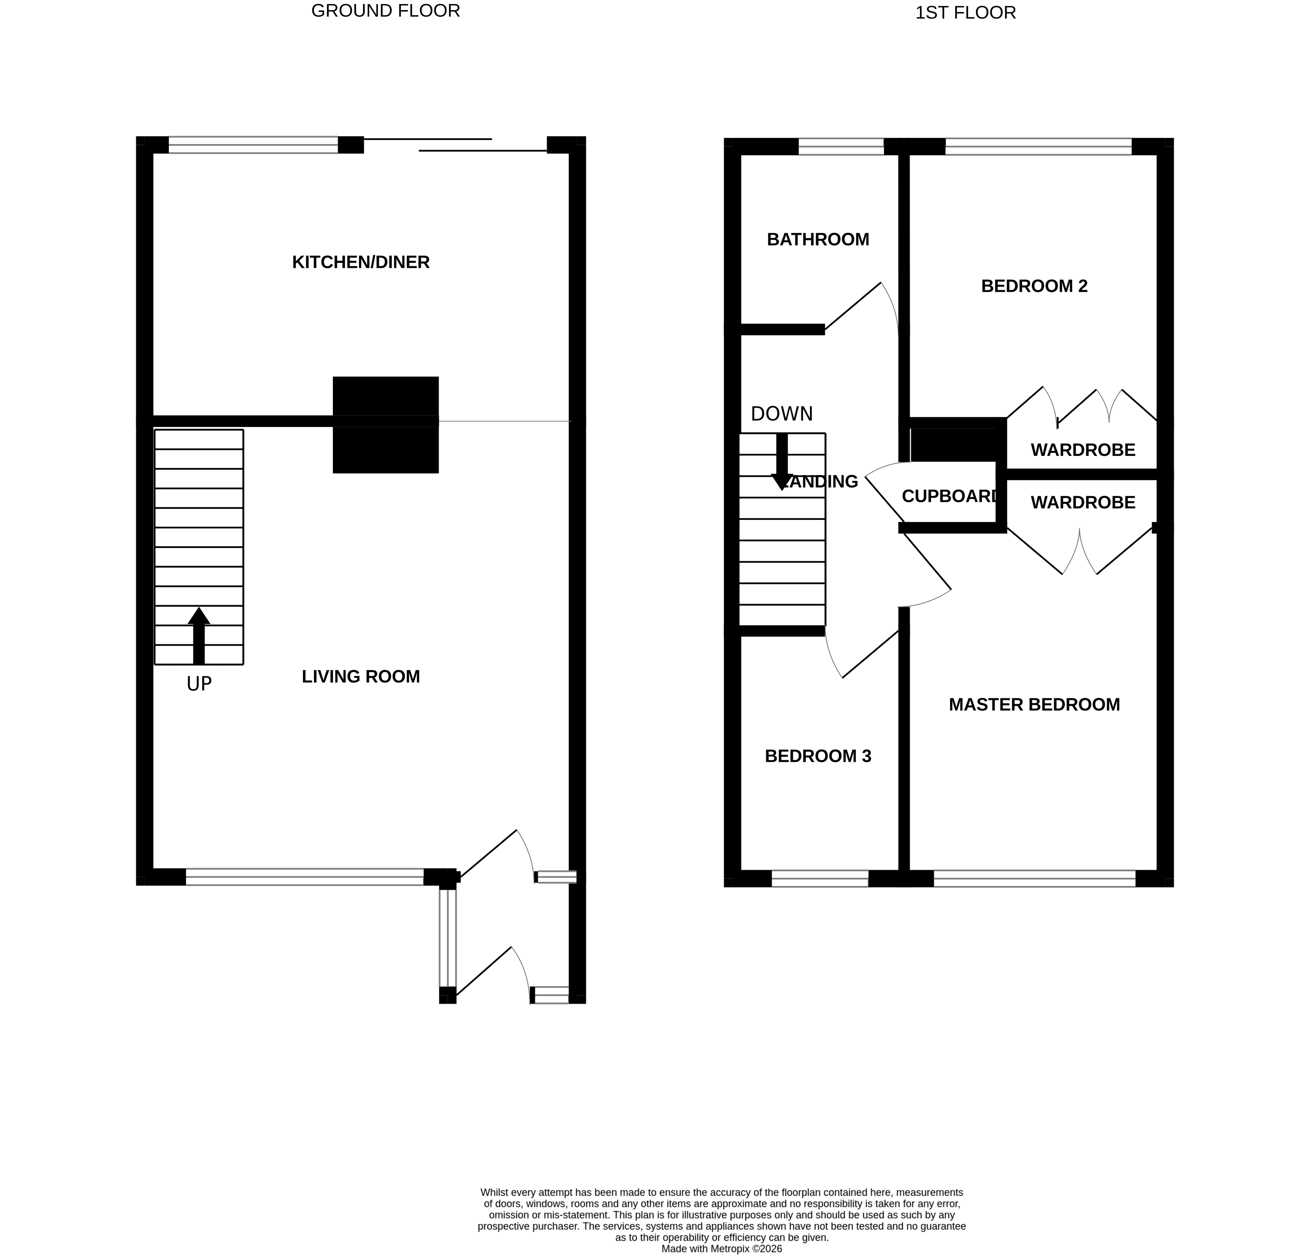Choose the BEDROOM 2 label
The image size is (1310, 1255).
[1034, 286]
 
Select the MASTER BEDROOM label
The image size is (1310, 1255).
[1034, 704]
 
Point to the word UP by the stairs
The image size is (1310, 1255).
[199, 684]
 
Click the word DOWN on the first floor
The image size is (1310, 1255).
[781, 414]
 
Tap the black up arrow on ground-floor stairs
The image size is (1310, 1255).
[199, 635]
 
